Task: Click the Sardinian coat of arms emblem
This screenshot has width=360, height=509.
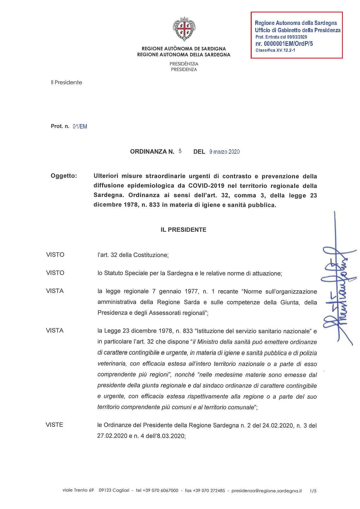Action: pyautogui.click(x=184, y=30)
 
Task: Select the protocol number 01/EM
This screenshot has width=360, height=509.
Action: pyautogui.click(x=80, y=126)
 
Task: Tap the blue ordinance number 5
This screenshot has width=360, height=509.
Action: pyautogui.click(x=180, y=151)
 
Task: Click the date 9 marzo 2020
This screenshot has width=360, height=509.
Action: pyautogui.click(x=224, y=152)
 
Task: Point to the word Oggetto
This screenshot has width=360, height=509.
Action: pyautogui.click(x=64, y=176)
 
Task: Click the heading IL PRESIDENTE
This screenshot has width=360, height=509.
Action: pyautogui.click(x=183, y=230)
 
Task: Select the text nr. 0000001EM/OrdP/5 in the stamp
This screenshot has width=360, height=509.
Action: pyautogui.click(x=284, y=44)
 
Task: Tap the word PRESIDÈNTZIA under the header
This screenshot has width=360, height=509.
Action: pyautogui.click(x=184, y=64)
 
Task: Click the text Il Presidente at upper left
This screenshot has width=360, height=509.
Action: pyautogui.click(x=66, y=82)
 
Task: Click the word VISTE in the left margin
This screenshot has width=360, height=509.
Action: pyautogui.click(x=54, y=425)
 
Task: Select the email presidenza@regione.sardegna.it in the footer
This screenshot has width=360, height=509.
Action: pyautogui.click(x=267, y=491)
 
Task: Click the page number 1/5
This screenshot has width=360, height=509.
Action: pyautogui.click(x=313, y=491)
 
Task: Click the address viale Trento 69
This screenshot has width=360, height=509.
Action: pyautogui.click(x=78, y=490)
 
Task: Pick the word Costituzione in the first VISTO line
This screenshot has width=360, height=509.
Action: pyautogui.click(x=150, y=255)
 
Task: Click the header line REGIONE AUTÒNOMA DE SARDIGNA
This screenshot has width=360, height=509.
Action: pyautogui.click(x=184, y=49)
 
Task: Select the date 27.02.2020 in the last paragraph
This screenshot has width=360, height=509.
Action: pyautogui.click(x=112, y=436)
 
